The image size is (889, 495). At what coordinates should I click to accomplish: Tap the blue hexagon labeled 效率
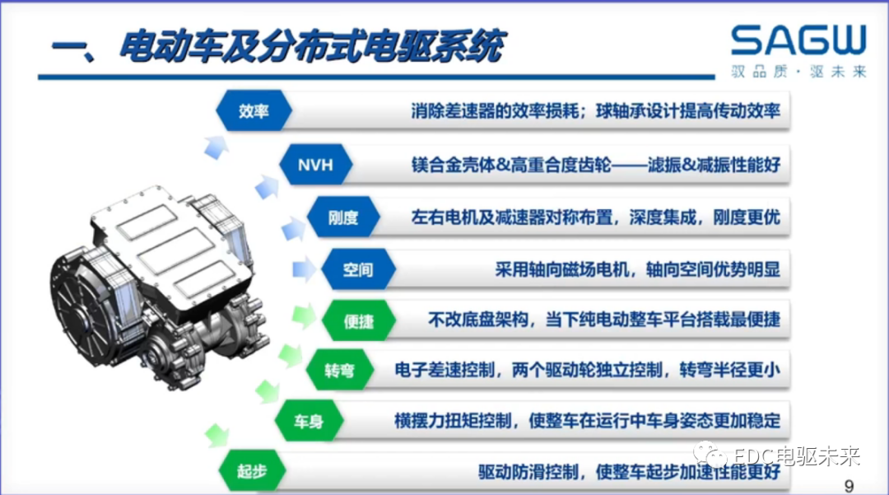[x=254, y=111]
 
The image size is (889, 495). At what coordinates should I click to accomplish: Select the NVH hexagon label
[x=315, y=165]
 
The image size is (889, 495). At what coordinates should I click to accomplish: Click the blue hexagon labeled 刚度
[x=343, y=218]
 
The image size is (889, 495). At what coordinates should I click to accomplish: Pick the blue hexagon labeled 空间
[x=358, y=269]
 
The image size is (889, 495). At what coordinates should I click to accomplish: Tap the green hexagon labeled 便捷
[x=358, y=321]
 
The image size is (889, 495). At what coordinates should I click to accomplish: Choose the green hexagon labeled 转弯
[x=340, y=371]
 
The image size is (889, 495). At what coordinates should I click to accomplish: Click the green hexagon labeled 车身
[x=310, y=423]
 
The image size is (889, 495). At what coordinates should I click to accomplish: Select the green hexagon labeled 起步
[x=252, y=472]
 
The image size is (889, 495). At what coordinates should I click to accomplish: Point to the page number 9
[x=849, y=483]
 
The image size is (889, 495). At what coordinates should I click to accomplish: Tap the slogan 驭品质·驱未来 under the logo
[x=798, y=72]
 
